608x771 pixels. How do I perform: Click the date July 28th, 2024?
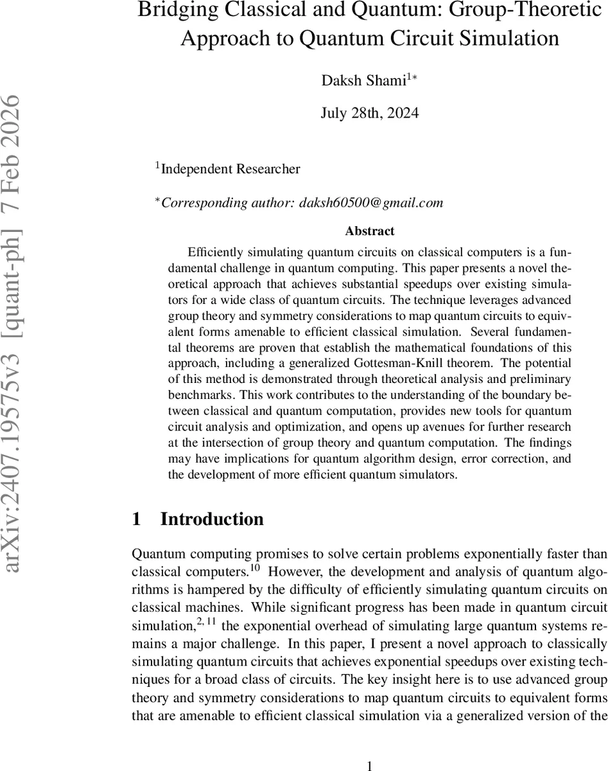(369, 113)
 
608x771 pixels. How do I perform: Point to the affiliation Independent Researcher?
(230, 170)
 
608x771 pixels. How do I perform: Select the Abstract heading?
(369, 231)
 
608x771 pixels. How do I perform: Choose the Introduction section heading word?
(212, 519)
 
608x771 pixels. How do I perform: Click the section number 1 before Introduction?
(136, 519)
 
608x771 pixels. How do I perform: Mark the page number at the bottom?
(369, 765)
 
